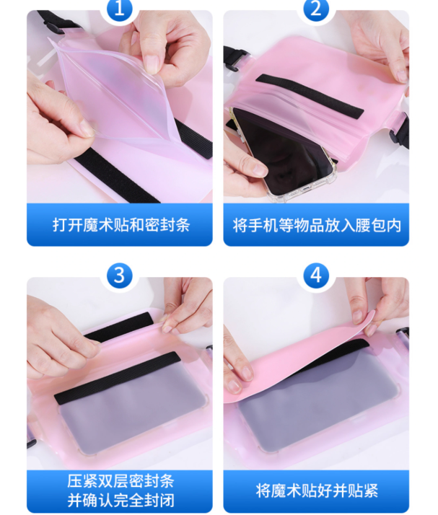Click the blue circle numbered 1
pyautogui.click(x=119, y=9)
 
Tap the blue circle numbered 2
pyautogui.click(x=316, y=9)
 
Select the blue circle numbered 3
pyautogui.click(x=119, y=276)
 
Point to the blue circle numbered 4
pyautogui.click(x=316, y=276)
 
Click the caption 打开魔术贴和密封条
pyautogui.click(x=121, y=225)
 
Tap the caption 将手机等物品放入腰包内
pyautogui.click(x=317, y=225)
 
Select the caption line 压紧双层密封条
pyautogui.click(x=121, y=481)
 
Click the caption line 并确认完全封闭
pyautogui.click(x=121, y=501)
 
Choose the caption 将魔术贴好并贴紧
pyautogui.click(x=317, y=490)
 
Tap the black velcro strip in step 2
pyautogui.click(x=310, y=96)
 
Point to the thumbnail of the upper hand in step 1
pyautogui.click(x=152, y=63)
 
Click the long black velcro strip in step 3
pyautogui.click(x=118, y=378)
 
